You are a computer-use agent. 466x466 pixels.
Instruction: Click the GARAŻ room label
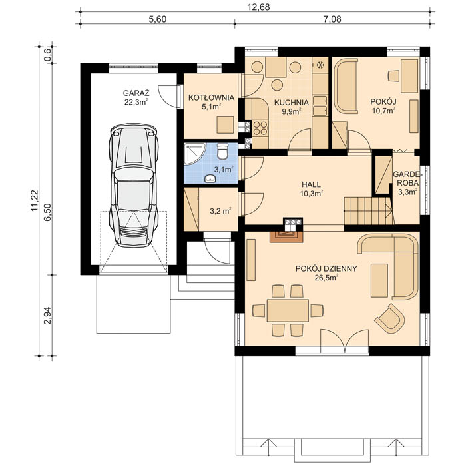tap(135, 93)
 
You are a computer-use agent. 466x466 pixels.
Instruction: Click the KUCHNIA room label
tap(290, 103)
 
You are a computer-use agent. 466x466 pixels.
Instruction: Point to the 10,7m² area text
tap(383, 111)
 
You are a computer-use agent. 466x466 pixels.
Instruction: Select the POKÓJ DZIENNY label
tap(326, 268)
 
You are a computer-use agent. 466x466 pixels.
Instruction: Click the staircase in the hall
tap(367, 210)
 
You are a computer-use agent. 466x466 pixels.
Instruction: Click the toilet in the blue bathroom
tap(224, 150)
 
